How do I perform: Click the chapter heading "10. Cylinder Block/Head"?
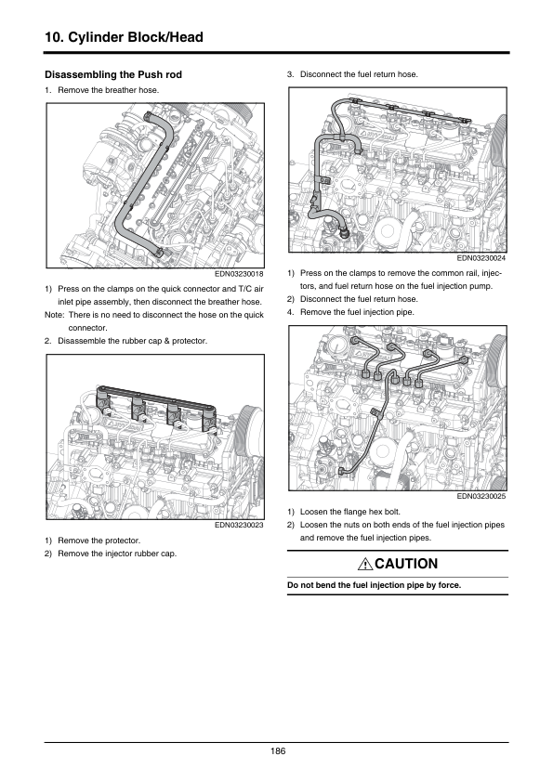(x=124, y=37)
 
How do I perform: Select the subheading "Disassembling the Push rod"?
(x=113, y=75)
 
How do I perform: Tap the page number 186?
(x=278, y=751)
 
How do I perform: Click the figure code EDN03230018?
(x=239, y=274)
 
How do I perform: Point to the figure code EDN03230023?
(x=239, y=525)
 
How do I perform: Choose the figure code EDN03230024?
(x=481, y=258)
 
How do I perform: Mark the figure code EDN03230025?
(x=481, y=496)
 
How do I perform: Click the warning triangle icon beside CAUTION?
(x=365, y=564)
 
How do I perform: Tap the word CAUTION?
(x=406, y=564)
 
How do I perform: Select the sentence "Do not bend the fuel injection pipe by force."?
(x=374, y=585)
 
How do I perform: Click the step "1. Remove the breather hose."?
(x=102, y=90)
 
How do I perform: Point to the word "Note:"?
(x=55, y=315)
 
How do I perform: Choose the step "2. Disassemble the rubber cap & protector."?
(x=125, y=341)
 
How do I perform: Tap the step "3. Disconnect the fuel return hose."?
(x=352, y=74)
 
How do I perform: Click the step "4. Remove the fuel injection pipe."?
(x=350, y=312)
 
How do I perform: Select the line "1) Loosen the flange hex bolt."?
(x=343, y=512)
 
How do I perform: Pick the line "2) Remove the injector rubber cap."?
(x=111, y=554)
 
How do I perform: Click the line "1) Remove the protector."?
(x=92, y=541)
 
